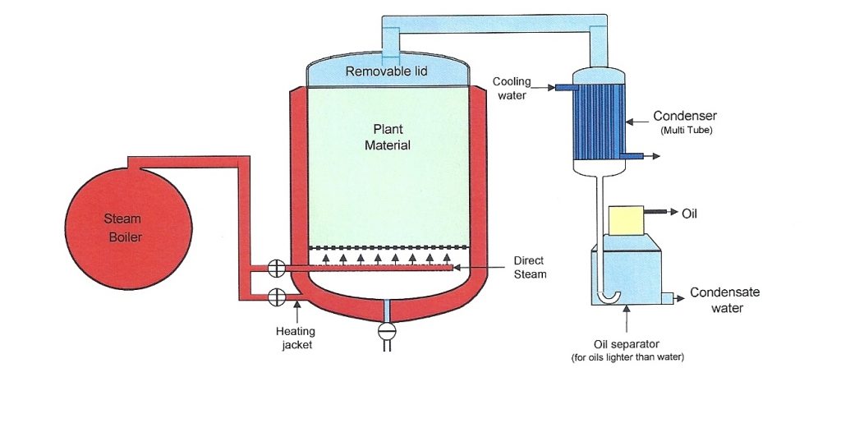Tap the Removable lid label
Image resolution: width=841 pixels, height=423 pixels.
386,71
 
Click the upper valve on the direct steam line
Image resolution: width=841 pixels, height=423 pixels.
277,269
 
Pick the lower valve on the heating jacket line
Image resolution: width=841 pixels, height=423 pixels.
277,295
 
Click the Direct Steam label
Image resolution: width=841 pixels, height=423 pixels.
530,267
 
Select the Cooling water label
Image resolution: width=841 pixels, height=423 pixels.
512,88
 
